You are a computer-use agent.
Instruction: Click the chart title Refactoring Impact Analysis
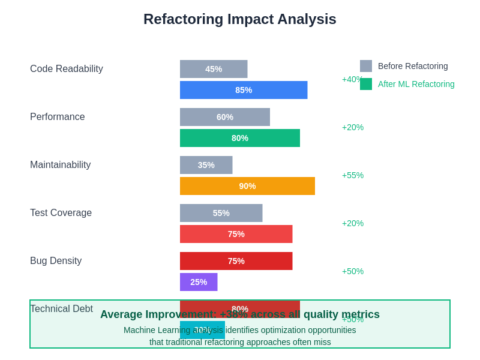(x=240, y=19)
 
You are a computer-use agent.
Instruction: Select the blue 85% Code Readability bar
(x=244, y=90)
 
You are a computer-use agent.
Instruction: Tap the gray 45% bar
(x=214, y=69)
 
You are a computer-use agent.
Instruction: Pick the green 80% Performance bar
(x=240, y=138)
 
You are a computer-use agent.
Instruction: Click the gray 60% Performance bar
(x=225, y=117)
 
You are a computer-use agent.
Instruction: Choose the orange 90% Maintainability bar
(x=247, y=186)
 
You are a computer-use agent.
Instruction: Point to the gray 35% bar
(x=206, y=165)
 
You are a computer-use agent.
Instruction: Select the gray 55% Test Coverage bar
(x=221, y=213)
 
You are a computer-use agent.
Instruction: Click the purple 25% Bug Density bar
(x=199, y=282)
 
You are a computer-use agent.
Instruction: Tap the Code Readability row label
(x=67, y=69)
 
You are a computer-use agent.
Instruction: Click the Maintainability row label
(x=60, y=165)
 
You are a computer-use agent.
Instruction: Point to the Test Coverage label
(x=61, y=213)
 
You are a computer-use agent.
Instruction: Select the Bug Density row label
(x=56, y=261)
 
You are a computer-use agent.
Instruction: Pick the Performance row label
(x=58, y=117)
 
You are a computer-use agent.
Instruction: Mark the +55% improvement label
(x=353, y=175)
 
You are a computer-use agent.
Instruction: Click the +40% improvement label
(x=350, y=79)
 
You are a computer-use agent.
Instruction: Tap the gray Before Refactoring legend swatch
(x=366, y=66)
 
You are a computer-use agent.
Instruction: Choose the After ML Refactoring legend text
(x=416, y=84)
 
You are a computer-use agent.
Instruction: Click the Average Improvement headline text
(x=240, y=314)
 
